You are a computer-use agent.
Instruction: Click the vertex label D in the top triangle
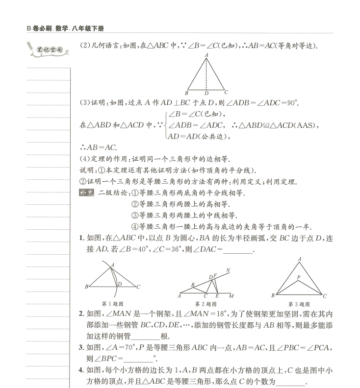tap(206, 93)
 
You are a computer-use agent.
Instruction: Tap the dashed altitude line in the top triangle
tap(206, 73)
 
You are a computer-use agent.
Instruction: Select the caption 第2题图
tap(206, 304)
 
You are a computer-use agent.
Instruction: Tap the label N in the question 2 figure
tap(229, 270)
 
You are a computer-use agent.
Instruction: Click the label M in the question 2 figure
tap(231, 296)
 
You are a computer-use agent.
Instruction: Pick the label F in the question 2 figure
tap(215, 276)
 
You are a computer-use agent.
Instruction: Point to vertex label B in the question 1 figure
tap(87, 287)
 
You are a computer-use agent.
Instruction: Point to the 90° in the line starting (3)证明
tap(292, 103)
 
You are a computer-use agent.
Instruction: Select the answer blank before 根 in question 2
tap(146, 336)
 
